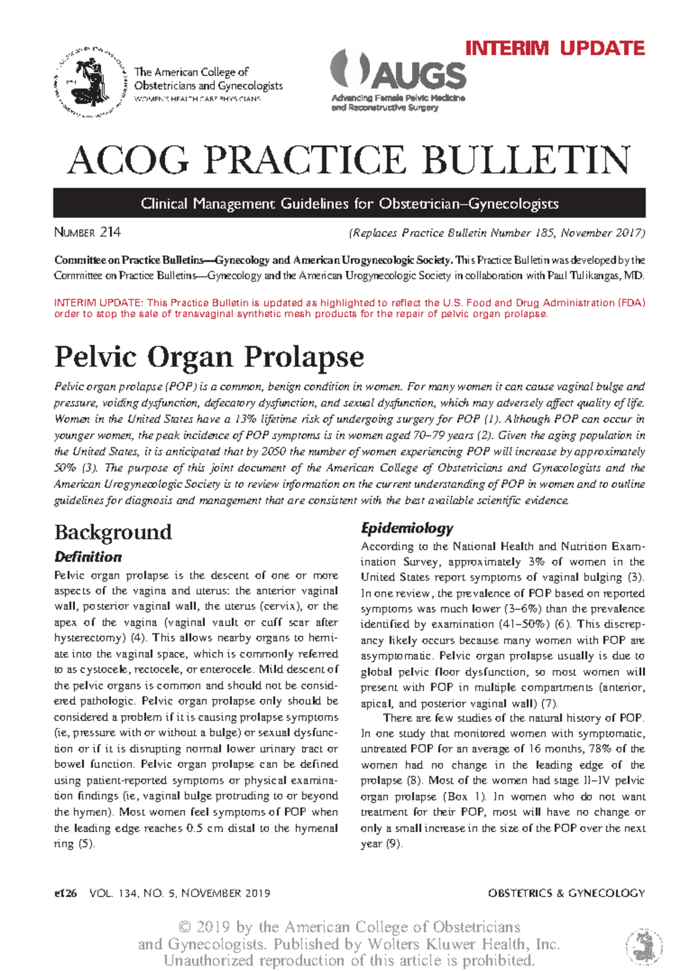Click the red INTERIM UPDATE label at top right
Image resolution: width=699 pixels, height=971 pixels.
555,48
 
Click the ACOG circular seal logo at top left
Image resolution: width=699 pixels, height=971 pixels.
91,82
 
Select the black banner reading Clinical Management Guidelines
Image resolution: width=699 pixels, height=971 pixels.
349,204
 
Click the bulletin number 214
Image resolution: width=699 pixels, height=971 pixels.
110,232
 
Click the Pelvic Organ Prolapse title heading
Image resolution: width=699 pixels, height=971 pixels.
209,356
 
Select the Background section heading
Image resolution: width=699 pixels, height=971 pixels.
113,531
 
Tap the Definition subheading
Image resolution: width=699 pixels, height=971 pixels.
88,557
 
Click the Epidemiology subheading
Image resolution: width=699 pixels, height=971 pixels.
407,528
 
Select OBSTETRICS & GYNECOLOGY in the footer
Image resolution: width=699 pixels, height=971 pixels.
566,893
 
